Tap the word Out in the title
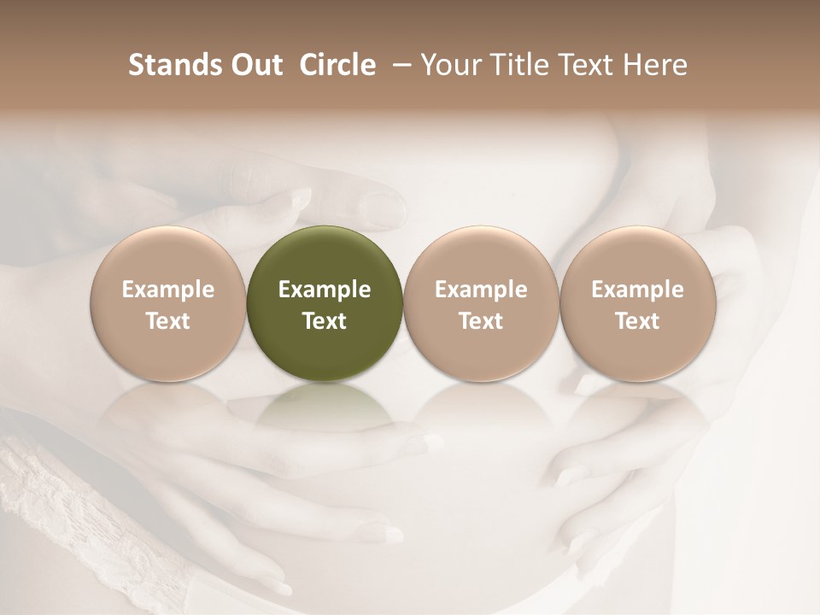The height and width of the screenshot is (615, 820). click(255, 65)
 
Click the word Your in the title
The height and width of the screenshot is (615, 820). click(450, 65)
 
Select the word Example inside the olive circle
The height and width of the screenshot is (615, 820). click(325, 290)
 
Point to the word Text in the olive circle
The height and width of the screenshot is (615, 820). click(325, 321)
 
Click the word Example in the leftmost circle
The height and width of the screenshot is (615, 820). click(168, 290)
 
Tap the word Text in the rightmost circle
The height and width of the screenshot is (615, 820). click(638, 321)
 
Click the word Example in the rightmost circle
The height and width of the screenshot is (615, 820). click(638, 290)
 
